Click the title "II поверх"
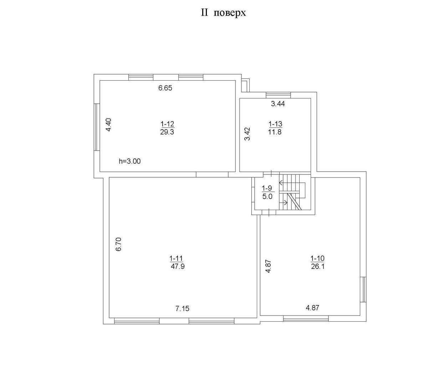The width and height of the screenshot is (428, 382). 223,13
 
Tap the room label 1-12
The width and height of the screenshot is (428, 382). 167,124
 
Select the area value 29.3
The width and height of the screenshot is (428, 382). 167,132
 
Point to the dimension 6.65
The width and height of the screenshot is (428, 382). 165,88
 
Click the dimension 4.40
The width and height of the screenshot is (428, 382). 108,125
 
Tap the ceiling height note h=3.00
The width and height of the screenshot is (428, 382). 130,162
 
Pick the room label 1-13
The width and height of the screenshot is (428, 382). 275,124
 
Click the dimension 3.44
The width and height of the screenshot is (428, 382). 278,104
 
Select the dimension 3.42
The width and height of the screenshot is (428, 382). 247,134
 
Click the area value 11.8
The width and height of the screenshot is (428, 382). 275,132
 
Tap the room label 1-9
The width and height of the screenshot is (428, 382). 267,188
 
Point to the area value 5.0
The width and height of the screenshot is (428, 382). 267,197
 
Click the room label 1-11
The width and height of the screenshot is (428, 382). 176,258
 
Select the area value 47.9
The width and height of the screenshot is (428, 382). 178,266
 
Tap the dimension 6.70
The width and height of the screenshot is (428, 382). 118,244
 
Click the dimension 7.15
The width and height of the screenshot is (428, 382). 182,309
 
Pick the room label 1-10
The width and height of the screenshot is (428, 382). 317,258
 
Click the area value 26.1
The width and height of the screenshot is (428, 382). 318,266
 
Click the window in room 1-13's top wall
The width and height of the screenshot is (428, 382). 278,95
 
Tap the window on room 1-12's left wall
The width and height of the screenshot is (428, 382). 97,127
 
